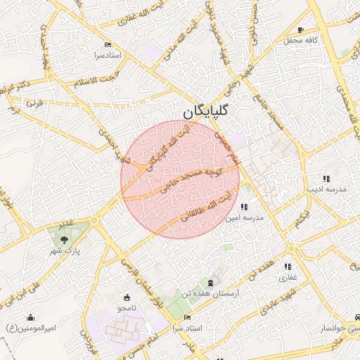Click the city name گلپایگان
click(207, 112)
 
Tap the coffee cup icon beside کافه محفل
click(301, 30)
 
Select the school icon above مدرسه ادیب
click(326, 179)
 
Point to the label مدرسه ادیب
click(326, 190)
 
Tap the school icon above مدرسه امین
click(243, 207)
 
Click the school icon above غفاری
click(288, 266)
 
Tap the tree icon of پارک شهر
click(65, 240)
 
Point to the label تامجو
click(127, 308)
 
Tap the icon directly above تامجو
click(127, 297)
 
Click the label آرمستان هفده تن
click(211, 292)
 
